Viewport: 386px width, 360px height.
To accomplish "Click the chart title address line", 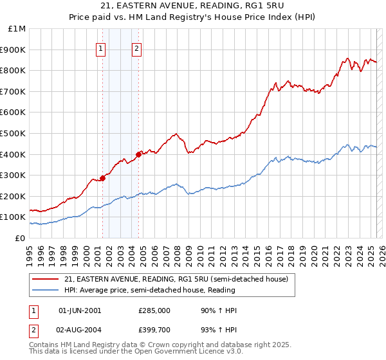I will pyautogui.click(x=192, y=7).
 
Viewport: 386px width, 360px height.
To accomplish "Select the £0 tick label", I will pyautogui.click(x=21, y=238).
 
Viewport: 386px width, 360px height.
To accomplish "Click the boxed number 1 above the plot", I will pyautogui.click(x=102, y=47).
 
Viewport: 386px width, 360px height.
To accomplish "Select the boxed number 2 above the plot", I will pyautogui.click(x=138, y=47).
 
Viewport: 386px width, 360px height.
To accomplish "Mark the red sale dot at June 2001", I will pyautogui.click(x=102, y=178).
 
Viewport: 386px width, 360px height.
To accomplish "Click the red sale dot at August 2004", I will pyautogui.click(x=138, y=154).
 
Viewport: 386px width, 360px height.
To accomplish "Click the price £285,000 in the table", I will pyautogui.click(x=154, y=310).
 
